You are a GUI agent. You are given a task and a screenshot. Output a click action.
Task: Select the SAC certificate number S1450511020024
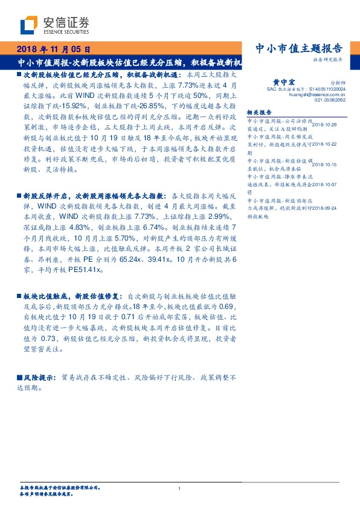tap(320, 89)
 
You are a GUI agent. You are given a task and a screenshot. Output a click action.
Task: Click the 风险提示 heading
tap(40, 376)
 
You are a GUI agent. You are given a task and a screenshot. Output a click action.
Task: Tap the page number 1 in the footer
tap(180, 489)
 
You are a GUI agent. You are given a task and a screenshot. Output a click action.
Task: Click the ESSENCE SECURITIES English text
tap(66, 33)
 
